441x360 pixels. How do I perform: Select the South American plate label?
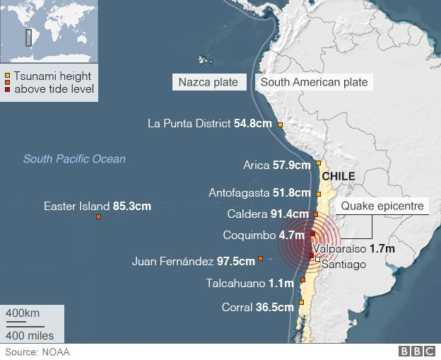click(x=314, y=82)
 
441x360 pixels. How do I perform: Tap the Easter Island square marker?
click(x=98, y=217)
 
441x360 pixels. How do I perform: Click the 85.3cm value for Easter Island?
click(x=131, y=207)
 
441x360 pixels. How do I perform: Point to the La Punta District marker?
click(x=280, y=125)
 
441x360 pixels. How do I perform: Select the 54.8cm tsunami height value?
click(x=253, y=123)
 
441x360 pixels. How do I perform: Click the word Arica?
click(x=256, y=166)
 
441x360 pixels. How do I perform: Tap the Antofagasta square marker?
click(x=319, y=193)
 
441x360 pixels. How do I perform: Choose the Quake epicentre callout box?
click(x=382, y=207)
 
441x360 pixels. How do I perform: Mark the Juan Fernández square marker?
click(x=261, y=259)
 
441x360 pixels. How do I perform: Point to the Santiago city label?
click(x=344, y=265)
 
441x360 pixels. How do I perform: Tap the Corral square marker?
click(x=300, y=307)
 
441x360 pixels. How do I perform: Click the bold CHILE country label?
click(x=338, y=176)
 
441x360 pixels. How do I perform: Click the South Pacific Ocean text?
click(x=74, y=159)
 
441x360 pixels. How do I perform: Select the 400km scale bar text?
click(x=23, y=313)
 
